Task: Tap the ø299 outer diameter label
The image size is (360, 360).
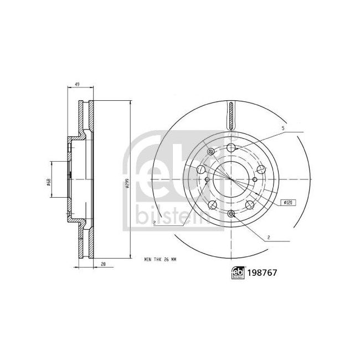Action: (127, 184)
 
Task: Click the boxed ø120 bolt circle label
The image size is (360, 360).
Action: (287, 203)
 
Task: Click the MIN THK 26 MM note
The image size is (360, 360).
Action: (160, 259)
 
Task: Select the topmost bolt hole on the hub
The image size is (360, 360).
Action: (231, 147)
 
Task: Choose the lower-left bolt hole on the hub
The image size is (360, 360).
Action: (211, 205)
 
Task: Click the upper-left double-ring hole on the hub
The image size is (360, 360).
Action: (209, 152)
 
